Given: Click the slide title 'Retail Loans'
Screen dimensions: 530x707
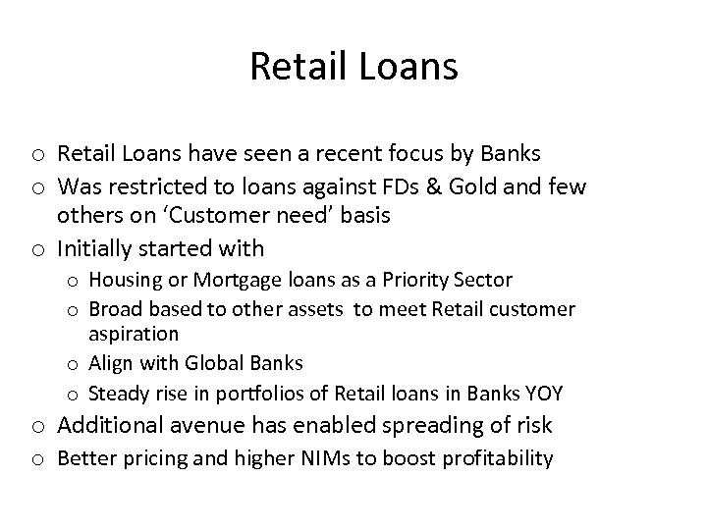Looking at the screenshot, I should click(x=353, y=67).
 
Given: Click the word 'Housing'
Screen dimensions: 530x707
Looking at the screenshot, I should click(x=121, y=282).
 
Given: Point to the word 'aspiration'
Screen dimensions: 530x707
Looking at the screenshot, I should click(x=134, y=335).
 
